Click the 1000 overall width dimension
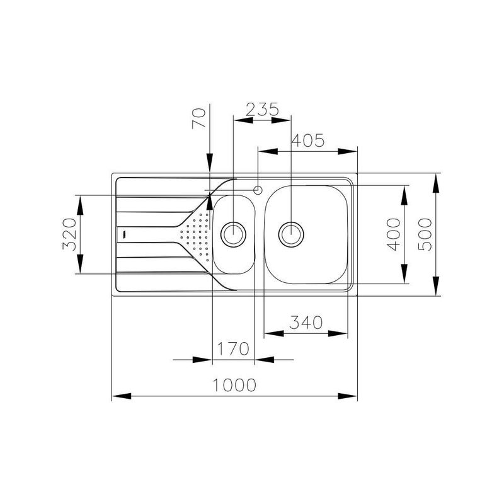pyautogui.click(x=234, y=385)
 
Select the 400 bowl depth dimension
pyautogui.click(x=394, y=234)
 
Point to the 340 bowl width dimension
pyautogui.click(x=306, y=323)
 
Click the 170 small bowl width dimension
pyautogui.click(x=233, y=349)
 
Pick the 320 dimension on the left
pyautogui.click(x=69, y=234)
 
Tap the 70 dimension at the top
pyautogui.click(x=198, y=118)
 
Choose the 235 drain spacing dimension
pyautogui.click(x=262, y=109)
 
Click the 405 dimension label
pyautogui.click(x=308, y=140)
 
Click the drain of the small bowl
pyautogui.click(x=233, y=234)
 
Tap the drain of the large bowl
pyautogui.click(x=291, y=234)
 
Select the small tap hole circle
pyautogui.click(x=258, y=190)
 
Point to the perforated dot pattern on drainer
pyautogui.click(x=195, y=237)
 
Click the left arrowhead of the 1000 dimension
pyautogui.click(x=122, y=396)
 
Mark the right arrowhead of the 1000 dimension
pyautogui.click(x=348, y=396)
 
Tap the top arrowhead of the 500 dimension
pyautogui.click(x=436, y=183)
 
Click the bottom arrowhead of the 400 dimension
pyautogui.click(x=404, y=274)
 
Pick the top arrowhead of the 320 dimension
pyautogui.click(x=80, y=205)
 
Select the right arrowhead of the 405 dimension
pyautogui.click(x=348, y=151)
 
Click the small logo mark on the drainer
pyautogui.click(x=123, y=234)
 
